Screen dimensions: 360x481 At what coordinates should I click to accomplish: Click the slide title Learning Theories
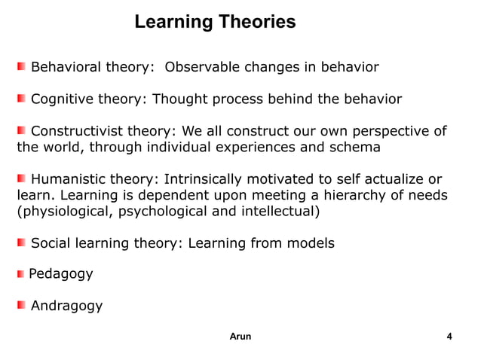coord(215,22)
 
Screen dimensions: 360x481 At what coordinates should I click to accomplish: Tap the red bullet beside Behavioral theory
coord(23,68)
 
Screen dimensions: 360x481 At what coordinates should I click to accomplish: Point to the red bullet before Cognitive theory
coord(23,99)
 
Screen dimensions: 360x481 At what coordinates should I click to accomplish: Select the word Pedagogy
coord(61,274)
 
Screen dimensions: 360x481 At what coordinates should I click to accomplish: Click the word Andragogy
coord(66,306)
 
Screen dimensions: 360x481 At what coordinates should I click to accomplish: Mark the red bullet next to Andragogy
coord(23,305)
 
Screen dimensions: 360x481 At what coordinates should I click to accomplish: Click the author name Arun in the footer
coord(240,337)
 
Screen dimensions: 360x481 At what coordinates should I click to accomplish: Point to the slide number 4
coord(450,337)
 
